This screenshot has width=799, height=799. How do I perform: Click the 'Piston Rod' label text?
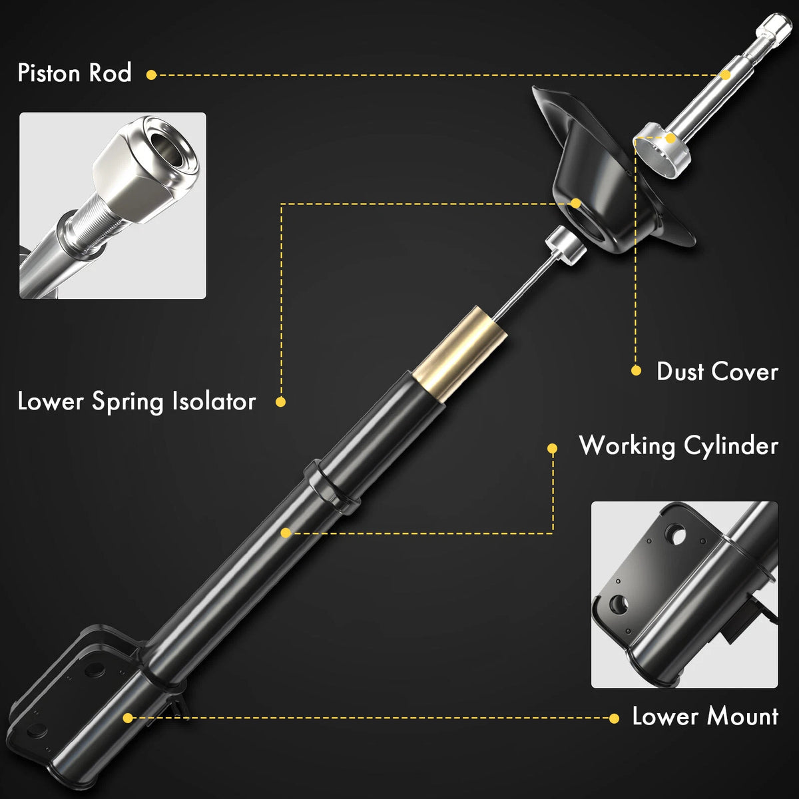[75, 73]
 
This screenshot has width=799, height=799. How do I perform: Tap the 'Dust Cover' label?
[717, 372]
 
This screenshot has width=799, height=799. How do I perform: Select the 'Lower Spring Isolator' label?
[136, 401]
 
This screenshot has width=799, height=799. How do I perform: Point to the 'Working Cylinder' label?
[678, 446]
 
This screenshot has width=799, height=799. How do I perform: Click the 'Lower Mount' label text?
[705, 716]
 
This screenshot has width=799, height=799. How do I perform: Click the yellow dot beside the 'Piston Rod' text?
[151, 75]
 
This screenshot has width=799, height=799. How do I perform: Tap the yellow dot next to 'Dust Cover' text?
[636, 370]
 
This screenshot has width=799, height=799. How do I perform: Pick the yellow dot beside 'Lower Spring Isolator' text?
[281, 401]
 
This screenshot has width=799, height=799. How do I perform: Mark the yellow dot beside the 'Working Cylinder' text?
[552, 448]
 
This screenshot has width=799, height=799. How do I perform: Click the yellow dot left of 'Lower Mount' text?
[614, 718]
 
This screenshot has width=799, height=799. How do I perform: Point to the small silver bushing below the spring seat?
[565, 246]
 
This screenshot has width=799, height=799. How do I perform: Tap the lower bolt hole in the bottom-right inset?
[619, 604]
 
